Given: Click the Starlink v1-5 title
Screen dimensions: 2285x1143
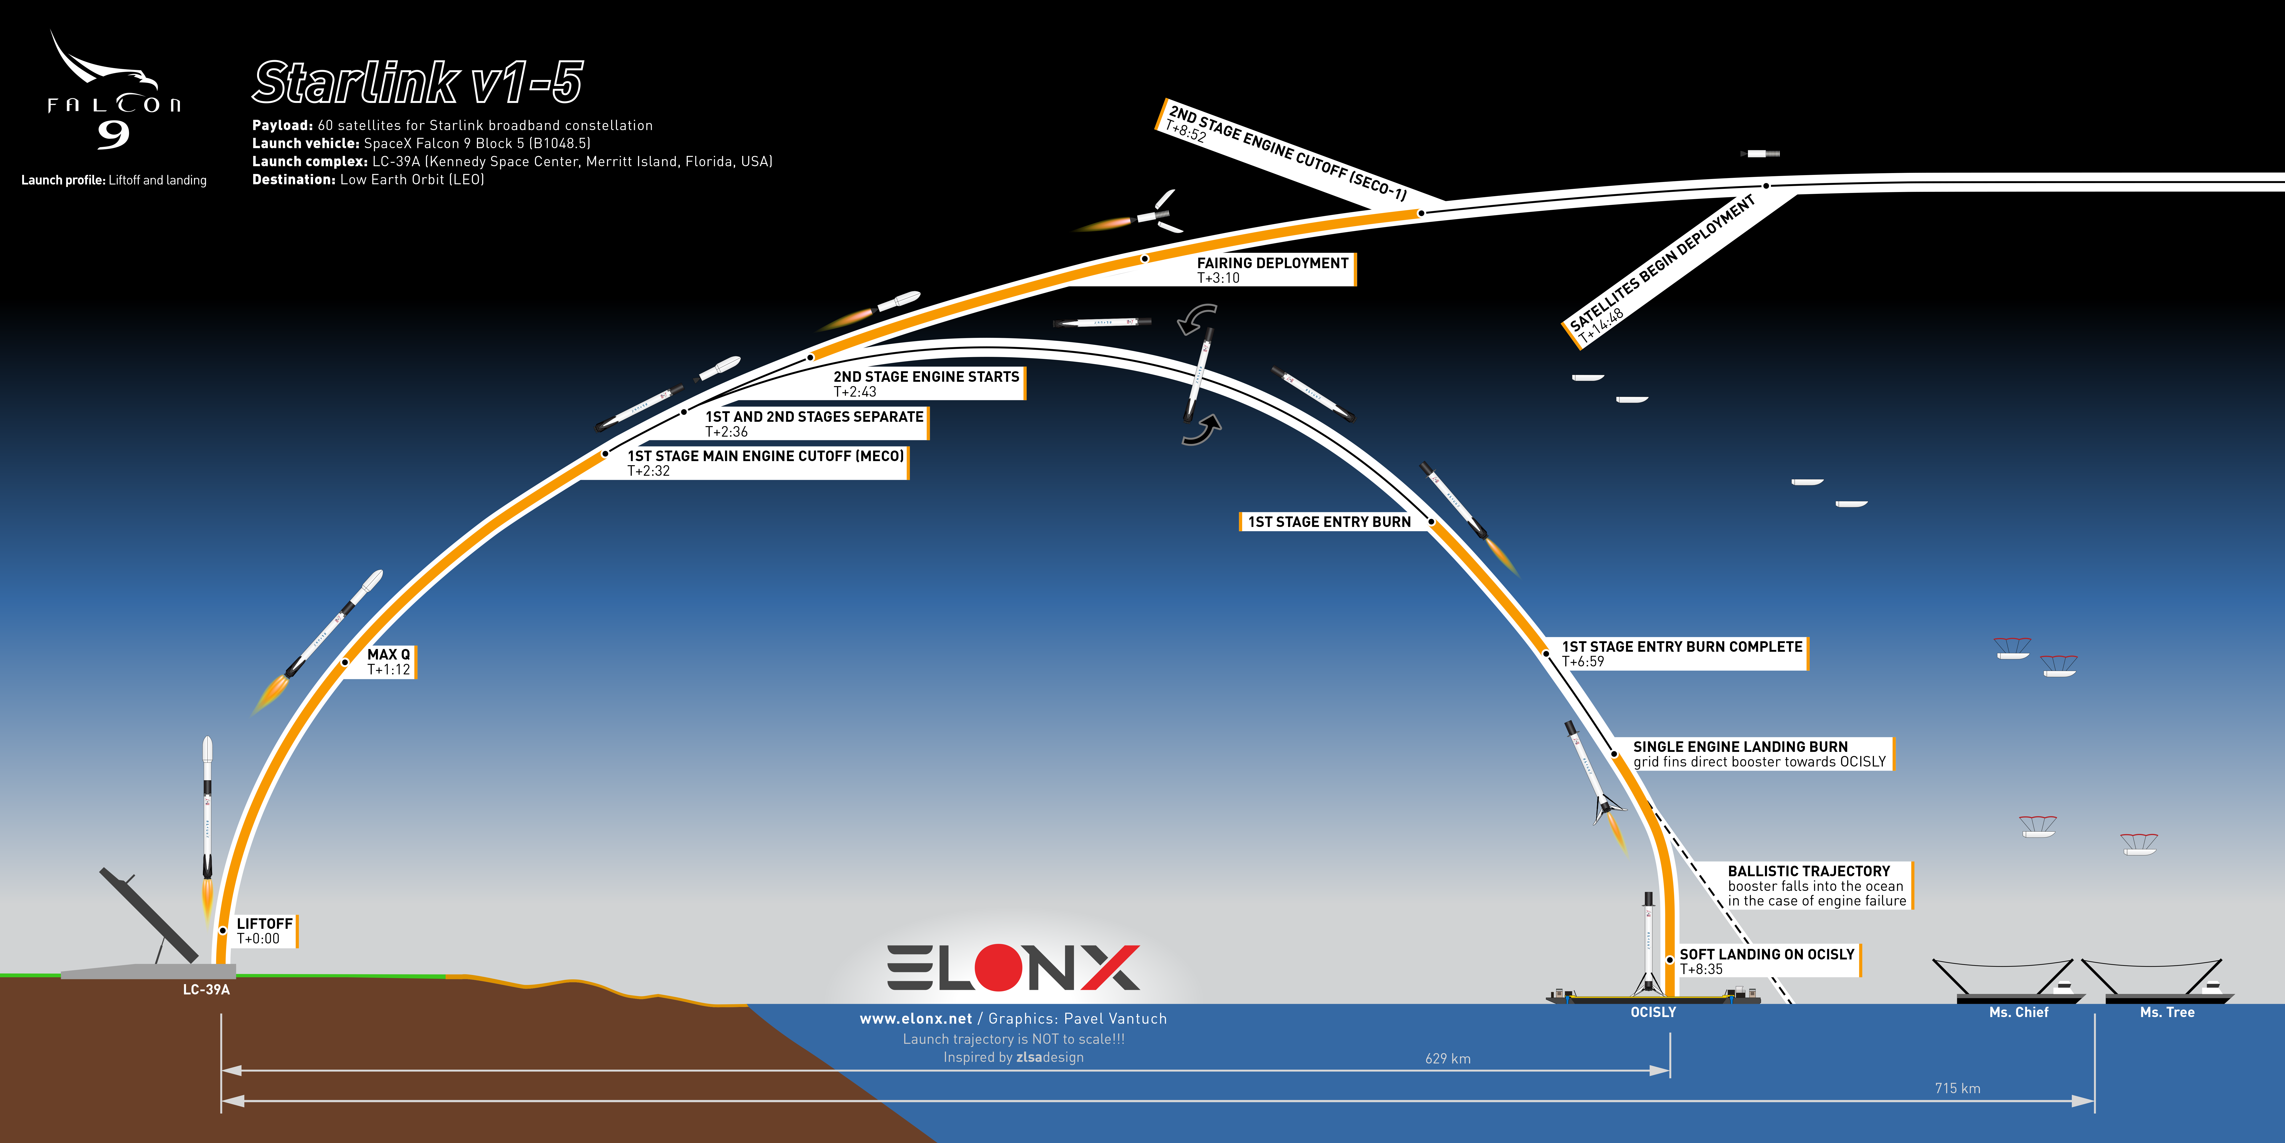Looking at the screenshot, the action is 418,83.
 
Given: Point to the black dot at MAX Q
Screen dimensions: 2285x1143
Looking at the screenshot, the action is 345,662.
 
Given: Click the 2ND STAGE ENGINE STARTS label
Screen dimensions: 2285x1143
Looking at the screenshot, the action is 927,383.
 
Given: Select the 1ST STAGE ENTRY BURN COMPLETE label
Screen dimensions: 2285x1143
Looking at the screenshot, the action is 1682,653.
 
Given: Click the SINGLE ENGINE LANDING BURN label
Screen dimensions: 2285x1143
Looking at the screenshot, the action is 1760,753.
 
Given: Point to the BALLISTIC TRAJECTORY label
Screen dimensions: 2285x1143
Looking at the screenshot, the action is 1817,886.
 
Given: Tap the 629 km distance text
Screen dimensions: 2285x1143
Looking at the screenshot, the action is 1448,1059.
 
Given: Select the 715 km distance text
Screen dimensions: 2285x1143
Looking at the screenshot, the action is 1958,1088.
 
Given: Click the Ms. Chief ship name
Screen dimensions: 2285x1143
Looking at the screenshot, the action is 2019,1012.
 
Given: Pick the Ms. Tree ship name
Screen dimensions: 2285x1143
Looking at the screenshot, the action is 2167,1012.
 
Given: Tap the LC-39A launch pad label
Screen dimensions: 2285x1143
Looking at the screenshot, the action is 206,989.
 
